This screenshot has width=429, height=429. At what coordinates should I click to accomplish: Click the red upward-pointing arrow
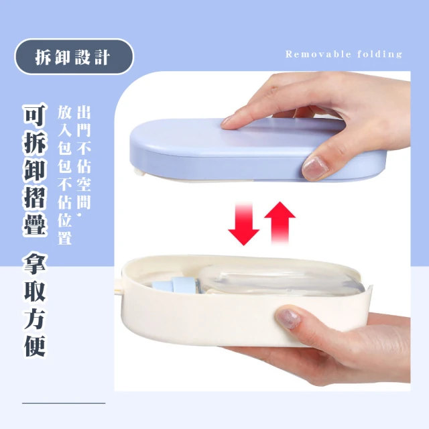[280, 223]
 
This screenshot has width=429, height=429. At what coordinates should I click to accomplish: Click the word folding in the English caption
[380, 54]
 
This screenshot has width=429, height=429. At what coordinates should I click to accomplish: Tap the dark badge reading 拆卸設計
[74, 56]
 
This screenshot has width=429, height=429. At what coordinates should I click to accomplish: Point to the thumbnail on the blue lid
[314, 167]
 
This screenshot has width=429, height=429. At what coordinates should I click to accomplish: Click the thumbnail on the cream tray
[288, 319]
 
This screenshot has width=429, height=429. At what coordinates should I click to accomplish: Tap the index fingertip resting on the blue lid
[229, 123]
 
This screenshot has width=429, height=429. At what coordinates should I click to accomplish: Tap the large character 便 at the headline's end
[35, 345]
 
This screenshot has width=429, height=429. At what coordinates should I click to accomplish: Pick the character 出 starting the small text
[84, 113]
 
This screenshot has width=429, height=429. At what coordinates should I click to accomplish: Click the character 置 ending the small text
[65, 237]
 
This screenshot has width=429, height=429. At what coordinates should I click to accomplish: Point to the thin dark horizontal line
[64, 403]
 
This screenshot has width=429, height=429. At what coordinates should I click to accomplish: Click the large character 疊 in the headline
[35, 225]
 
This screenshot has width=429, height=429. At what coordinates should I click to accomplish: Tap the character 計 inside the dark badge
[103, 57]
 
